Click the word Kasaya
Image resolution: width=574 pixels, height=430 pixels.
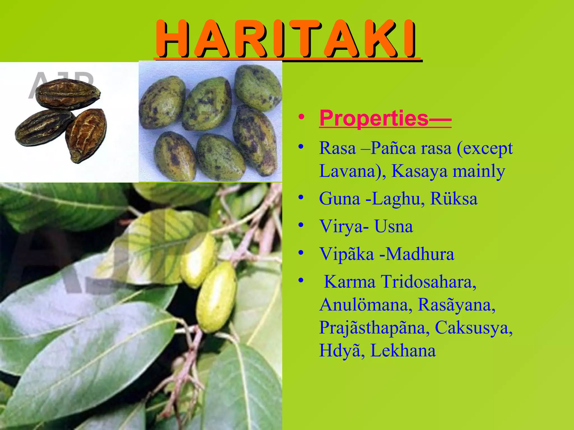click(x=419, y=171)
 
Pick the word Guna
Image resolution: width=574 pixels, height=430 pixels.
click(x=339, y=199)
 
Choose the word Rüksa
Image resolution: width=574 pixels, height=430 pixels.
click(x=453, y=199)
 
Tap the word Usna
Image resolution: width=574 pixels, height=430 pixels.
click(x=394, y=226)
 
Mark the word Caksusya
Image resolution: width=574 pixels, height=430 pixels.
click(x=473, y=328)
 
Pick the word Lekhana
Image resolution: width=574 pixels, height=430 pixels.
click(x=403, y=350)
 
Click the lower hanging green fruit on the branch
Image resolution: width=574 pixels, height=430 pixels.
click(x=216, y=297)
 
